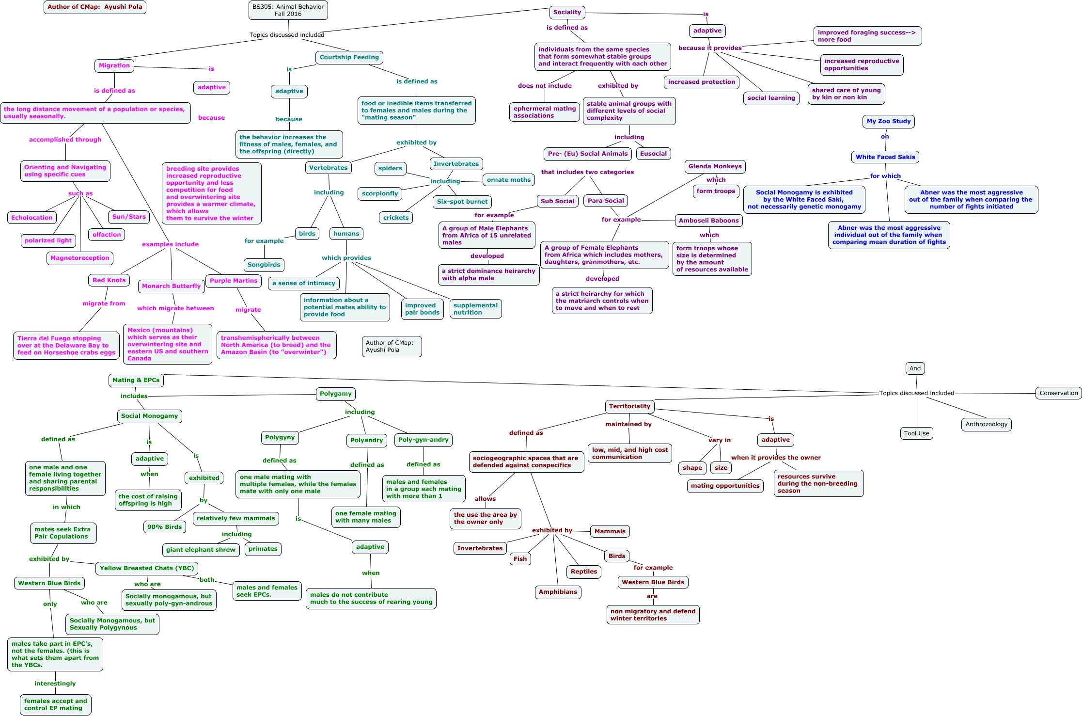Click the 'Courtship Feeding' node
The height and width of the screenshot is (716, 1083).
point(349,57)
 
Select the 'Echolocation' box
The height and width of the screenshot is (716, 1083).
point(32,218)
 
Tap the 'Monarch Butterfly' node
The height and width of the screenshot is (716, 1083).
point(171,286)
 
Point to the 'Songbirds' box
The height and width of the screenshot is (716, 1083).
point(264,265)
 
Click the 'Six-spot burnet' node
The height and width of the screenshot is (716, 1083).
point(462,202)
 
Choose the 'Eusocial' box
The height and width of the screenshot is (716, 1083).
point(653,154)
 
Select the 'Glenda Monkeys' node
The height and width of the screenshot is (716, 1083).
point(715,166)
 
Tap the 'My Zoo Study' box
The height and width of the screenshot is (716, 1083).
point(888,121)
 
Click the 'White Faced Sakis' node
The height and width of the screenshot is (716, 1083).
point(885,157)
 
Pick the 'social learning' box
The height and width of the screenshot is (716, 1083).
point(771,98)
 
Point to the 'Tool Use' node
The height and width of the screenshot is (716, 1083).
point(916,433)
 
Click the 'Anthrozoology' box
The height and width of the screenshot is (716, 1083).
point(986,424)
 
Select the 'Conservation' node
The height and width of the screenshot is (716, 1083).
point(1058,393)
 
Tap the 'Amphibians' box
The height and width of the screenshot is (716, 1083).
point(558,592)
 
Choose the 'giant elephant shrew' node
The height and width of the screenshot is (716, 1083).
point(201,550)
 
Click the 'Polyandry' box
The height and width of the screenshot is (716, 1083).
point(366,440)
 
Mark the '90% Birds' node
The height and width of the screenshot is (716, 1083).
point(165,527)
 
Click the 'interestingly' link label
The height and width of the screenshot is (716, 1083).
point(55,684)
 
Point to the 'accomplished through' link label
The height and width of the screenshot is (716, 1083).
point(65,140)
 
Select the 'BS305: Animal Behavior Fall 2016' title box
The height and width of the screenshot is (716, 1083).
point(288,10)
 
